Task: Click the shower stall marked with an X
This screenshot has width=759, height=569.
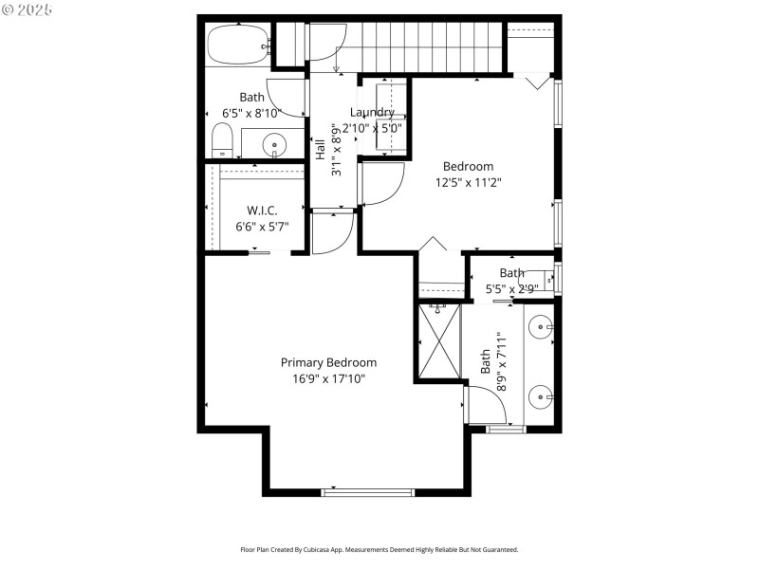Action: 439,340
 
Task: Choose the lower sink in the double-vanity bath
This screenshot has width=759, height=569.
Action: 539,395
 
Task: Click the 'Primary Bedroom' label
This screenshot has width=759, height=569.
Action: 328,362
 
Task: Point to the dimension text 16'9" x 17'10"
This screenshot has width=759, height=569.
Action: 328,378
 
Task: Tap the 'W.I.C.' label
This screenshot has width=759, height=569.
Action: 262,210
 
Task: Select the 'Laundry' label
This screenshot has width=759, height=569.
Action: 371,112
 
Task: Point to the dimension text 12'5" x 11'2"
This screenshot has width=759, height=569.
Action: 468,182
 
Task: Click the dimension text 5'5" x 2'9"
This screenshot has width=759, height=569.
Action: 512,289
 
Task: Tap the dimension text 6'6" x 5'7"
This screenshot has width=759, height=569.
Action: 262,227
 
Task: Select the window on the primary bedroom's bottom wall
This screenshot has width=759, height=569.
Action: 368,492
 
